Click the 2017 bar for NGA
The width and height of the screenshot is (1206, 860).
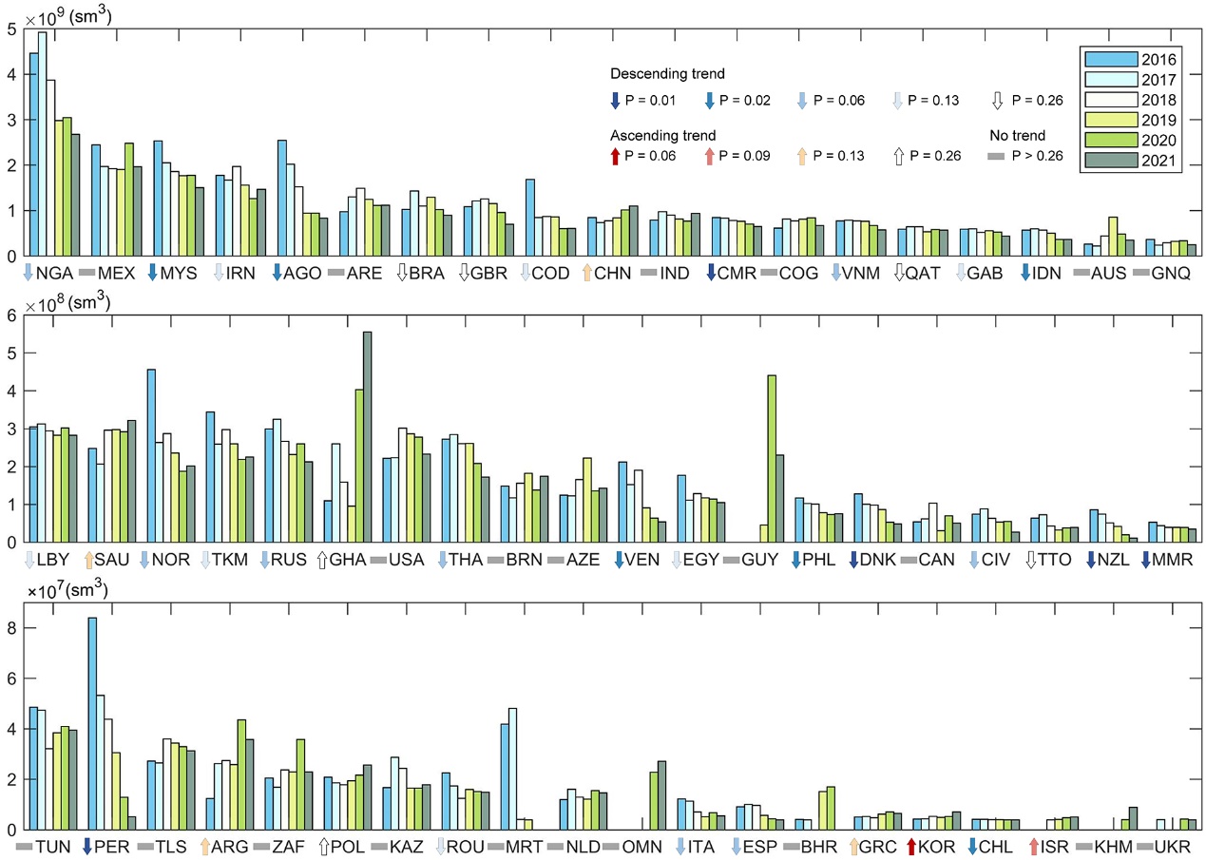click(x=42, y=143)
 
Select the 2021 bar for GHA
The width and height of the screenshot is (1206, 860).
click(x=368, y=437)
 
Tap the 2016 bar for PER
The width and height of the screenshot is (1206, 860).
click(x=92, y=723)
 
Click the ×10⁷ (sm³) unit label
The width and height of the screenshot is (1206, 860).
click(x=68, y=591)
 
